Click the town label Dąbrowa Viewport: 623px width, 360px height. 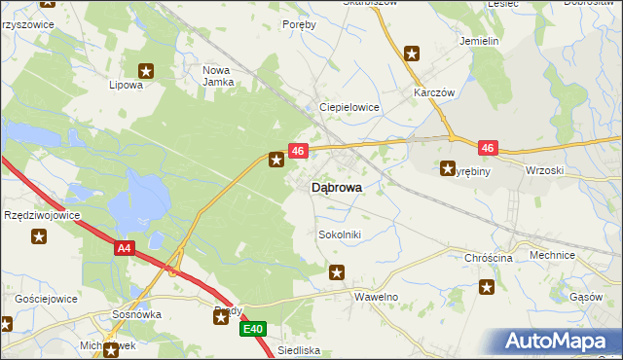[337, 189]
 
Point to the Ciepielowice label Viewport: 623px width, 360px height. [349, 107]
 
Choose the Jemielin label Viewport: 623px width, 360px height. [479, 42]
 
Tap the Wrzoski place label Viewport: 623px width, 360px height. [544, 170]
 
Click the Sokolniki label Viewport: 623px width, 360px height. [341, 234]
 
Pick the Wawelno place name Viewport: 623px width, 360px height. [377, 296]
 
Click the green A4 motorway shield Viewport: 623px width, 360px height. [123, 249]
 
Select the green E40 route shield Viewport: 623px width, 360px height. [253, 330]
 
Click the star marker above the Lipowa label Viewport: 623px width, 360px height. [147, 70]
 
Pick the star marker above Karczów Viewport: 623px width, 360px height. [412, 54]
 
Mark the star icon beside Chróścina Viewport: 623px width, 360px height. [487, 287]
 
